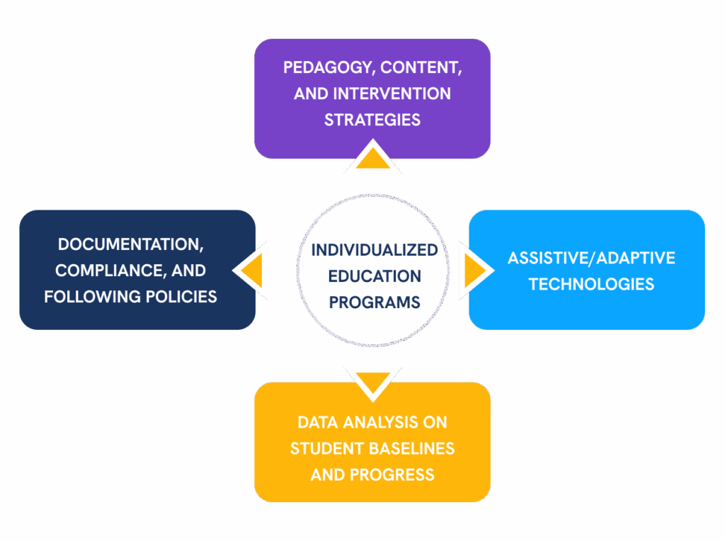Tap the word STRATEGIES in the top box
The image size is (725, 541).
point(372,120)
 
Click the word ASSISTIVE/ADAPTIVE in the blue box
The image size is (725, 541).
point(591,258)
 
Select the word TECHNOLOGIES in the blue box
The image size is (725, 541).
point(591,284)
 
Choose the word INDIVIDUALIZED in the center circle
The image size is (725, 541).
point(374,251)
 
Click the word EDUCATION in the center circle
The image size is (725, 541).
point(374,276)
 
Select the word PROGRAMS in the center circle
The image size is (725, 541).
point(374,302)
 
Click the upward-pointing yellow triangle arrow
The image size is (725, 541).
point(372,159)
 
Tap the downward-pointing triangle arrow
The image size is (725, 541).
point(372,380)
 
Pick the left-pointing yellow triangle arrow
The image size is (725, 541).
point(253,270)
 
